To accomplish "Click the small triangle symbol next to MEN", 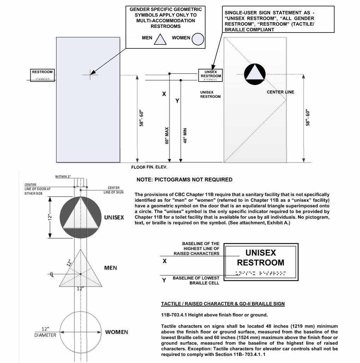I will [x=160, y=39].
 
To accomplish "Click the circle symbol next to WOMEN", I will [x=198, y=39].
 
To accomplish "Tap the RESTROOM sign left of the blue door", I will [x=42, y=75].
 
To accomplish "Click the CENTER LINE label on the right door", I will [x=280, y=92].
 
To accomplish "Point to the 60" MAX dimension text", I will [x=167, y=135].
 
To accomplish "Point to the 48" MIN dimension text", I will [x=184, y=136].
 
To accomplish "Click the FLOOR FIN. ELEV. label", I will [x=149, y=167].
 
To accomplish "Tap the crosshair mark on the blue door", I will [x=90, y=74].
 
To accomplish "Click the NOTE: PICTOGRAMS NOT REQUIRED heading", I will [x=184, y=180].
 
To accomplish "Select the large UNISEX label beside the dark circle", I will [x=114, y=218].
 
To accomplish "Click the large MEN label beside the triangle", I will [x=110, y=268].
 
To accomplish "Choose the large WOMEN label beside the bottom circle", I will [x=116, y=332].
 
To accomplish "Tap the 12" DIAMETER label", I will [x=45, y=332].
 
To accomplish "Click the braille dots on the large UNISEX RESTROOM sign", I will [x=260, y=273].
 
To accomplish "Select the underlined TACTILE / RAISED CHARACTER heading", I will [x=223, y=304].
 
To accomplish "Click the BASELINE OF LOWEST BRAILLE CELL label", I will [x=196, y=281].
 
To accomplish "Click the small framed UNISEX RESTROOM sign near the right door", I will [x=210, y=75].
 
